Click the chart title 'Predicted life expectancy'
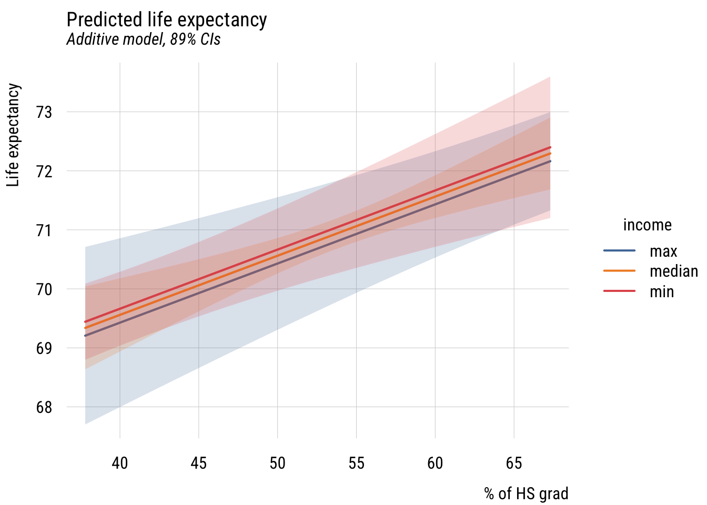pos(167,20)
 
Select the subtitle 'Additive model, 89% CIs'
pos(143,39)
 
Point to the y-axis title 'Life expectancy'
pos(14,135)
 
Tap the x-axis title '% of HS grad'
pos(526,494)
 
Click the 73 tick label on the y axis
pos(44,112)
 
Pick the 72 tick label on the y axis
pos(44,171)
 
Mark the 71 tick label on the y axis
pos(44,230)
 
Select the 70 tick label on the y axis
pos(44,289)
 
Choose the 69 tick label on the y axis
pos(44,348)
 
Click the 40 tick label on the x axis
pos(120,463)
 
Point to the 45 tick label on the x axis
pos(199,463)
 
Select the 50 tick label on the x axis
pos(277,463)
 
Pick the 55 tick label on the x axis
pos(356,463)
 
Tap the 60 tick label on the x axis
pos(435,463)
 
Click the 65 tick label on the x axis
pos(514,463)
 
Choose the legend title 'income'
pos(647,225)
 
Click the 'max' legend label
pos(663,251)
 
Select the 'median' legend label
pos(673,271)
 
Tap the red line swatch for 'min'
pos(620,291)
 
